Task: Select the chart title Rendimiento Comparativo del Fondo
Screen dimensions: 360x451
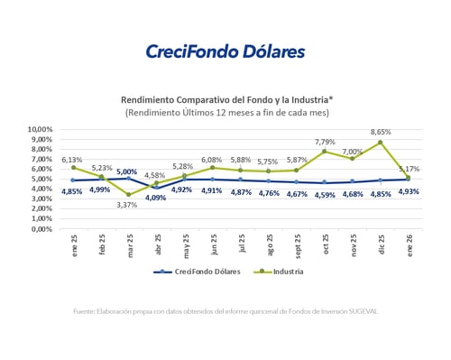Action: [x=225, y=100]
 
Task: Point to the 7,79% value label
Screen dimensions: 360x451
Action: [x=326, y=141]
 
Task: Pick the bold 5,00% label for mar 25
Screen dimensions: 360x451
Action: [x=127, y=171]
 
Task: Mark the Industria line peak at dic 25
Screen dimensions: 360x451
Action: [x=381, y=143]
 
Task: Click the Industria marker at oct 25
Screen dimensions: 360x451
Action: [x=325, y=151]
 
